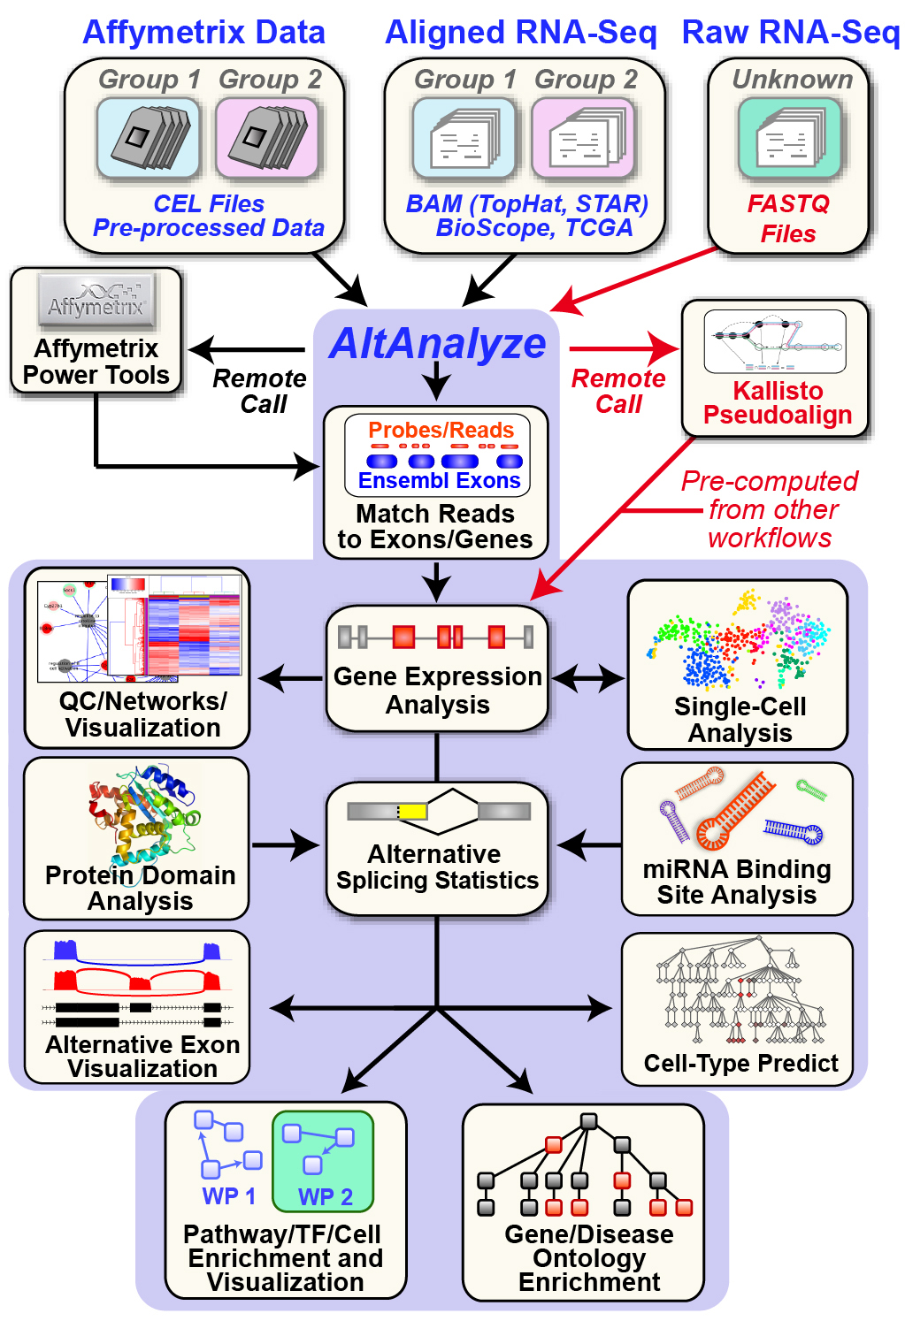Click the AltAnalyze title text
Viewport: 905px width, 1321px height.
pyautogui.click(x=438, y=343)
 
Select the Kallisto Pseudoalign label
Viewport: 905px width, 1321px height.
pyautogui.click(x=777, y=403)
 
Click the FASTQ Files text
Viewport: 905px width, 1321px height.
pyautogui.click(x=787, y=218)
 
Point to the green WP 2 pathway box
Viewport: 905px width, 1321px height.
pyautogui.click(x=323, y=1161)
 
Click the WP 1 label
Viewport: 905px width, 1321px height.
pyautogui.click(x=228, y=1196)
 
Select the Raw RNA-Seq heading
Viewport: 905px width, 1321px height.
pyautogui.click(x=791, y=32)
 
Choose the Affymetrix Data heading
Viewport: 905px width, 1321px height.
pyautogui.click(x=203, y=32)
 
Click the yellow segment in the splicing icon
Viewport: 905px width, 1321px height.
pyautogui.click(x=412, y=811)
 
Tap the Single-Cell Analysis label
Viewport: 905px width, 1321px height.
pyautogui.click(x=740, y=720)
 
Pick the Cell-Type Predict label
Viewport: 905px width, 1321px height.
pyautogui.click(x=740, y=1063)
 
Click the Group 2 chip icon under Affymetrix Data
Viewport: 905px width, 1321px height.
pyautogui.click(x=267, y=138)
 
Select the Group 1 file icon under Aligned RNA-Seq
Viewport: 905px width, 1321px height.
pyautogui.click(x=464, y=138)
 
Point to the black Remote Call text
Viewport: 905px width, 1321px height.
pyautogui.click(x=260, y=391)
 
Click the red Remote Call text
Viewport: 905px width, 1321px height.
pyautogui.click(x=618, y=391)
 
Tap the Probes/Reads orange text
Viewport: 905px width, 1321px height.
pyautogui.click(x=441, y=431)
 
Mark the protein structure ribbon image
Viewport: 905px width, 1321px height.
pyautogui.click(x=142, y=813)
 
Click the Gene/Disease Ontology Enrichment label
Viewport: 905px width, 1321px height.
pyautogui.click(x=589, y=1258)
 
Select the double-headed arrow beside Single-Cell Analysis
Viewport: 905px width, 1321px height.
pyautogui.click(x=588, y=679)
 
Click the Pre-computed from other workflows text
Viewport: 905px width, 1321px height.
pyautogui.click(x=770, y=509)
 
